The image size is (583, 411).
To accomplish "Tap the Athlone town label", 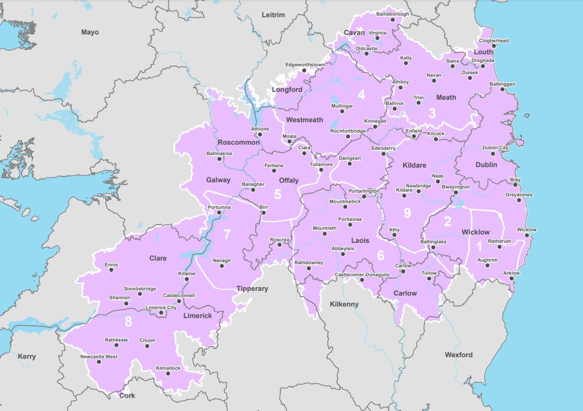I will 260,129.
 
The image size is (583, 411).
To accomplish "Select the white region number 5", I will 278,194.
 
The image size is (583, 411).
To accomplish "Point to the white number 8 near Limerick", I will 128,323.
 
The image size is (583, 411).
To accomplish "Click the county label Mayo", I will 90,32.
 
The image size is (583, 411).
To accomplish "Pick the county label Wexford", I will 459,355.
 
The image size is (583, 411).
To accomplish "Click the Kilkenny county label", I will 344,304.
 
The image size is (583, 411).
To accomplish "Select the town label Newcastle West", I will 99,357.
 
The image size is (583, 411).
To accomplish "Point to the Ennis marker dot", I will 110,271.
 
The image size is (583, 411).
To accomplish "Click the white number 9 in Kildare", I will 407,213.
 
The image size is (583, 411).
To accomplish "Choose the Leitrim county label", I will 273,15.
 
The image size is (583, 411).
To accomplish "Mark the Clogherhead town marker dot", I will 494,46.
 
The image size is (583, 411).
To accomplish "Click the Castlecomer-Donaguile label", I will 362,274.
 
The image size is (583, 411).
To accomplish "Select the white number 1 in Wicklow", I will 479,246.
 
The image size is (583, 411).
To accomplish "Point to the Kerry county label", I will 27,357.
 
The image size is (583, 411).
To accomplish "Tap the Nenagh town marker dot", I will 222,266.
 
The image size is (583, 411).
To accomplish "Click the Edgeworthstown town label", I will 305,65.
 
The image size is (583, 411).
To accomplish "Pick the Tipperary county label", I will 252,289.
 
